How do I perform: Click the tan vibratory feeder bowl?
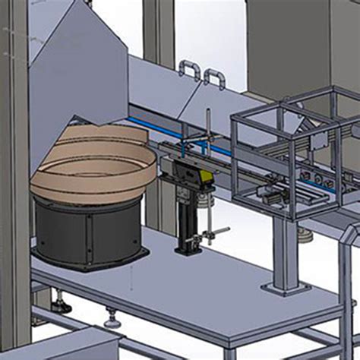(x=91, y=163)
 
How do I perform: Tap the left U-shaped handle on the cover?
(x=188, y=71)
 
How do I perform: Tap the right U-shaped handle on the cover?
(x=215, y=77)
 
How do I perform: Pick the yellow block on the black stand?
(x=201, y=177)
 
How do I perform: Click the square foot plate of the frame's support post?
(x=284, y=289)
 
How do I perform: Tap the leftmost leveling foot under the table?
(x=61, y=306)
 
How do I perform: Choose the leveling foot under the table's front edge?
(x=112, y=319)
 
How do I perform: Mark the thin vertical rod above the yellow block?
(x=207, y=129)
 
